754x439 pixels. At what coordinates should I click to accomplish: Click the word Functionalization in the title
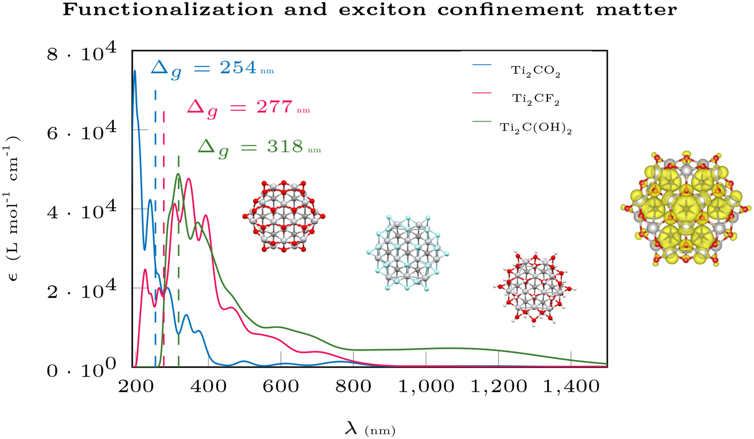[168, 9]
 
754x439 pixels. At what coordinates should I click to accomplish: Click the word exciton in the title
[382, 9]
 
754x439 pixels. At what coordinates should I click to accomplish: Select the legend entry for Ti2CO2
[535, 71]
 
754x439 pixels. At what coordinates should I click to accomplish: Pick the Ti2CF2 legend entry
[535, 99]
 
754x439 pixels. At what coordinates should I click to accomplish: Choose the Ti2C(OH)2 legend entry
[536, 128]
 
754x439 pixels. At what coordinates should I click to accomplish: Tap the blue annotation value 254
[238, 68]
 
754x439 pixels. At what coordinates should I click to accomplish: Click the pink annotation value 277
[275, 107]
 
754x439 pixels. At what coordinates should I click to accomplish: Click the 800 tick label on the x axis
[353, 387]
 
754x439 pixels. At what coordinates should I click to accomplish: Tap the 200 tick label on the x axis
[136, 387]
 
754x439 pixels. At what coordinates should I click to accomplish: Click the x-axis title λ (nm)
[370, 430]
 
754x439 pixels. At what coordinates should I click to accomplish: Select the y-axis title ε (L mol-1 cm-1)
[13, 209]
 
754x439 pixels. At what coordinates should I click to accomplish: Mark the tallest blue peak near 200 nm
[135, 71]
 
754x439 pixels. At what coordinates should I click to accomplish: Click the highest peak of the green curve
[178, 174]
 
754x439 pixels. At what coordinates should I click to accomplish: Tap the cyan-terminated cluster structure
[407, 253]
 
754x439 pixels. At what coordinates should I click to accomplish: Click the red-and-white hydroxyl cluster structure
[535, 288]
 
